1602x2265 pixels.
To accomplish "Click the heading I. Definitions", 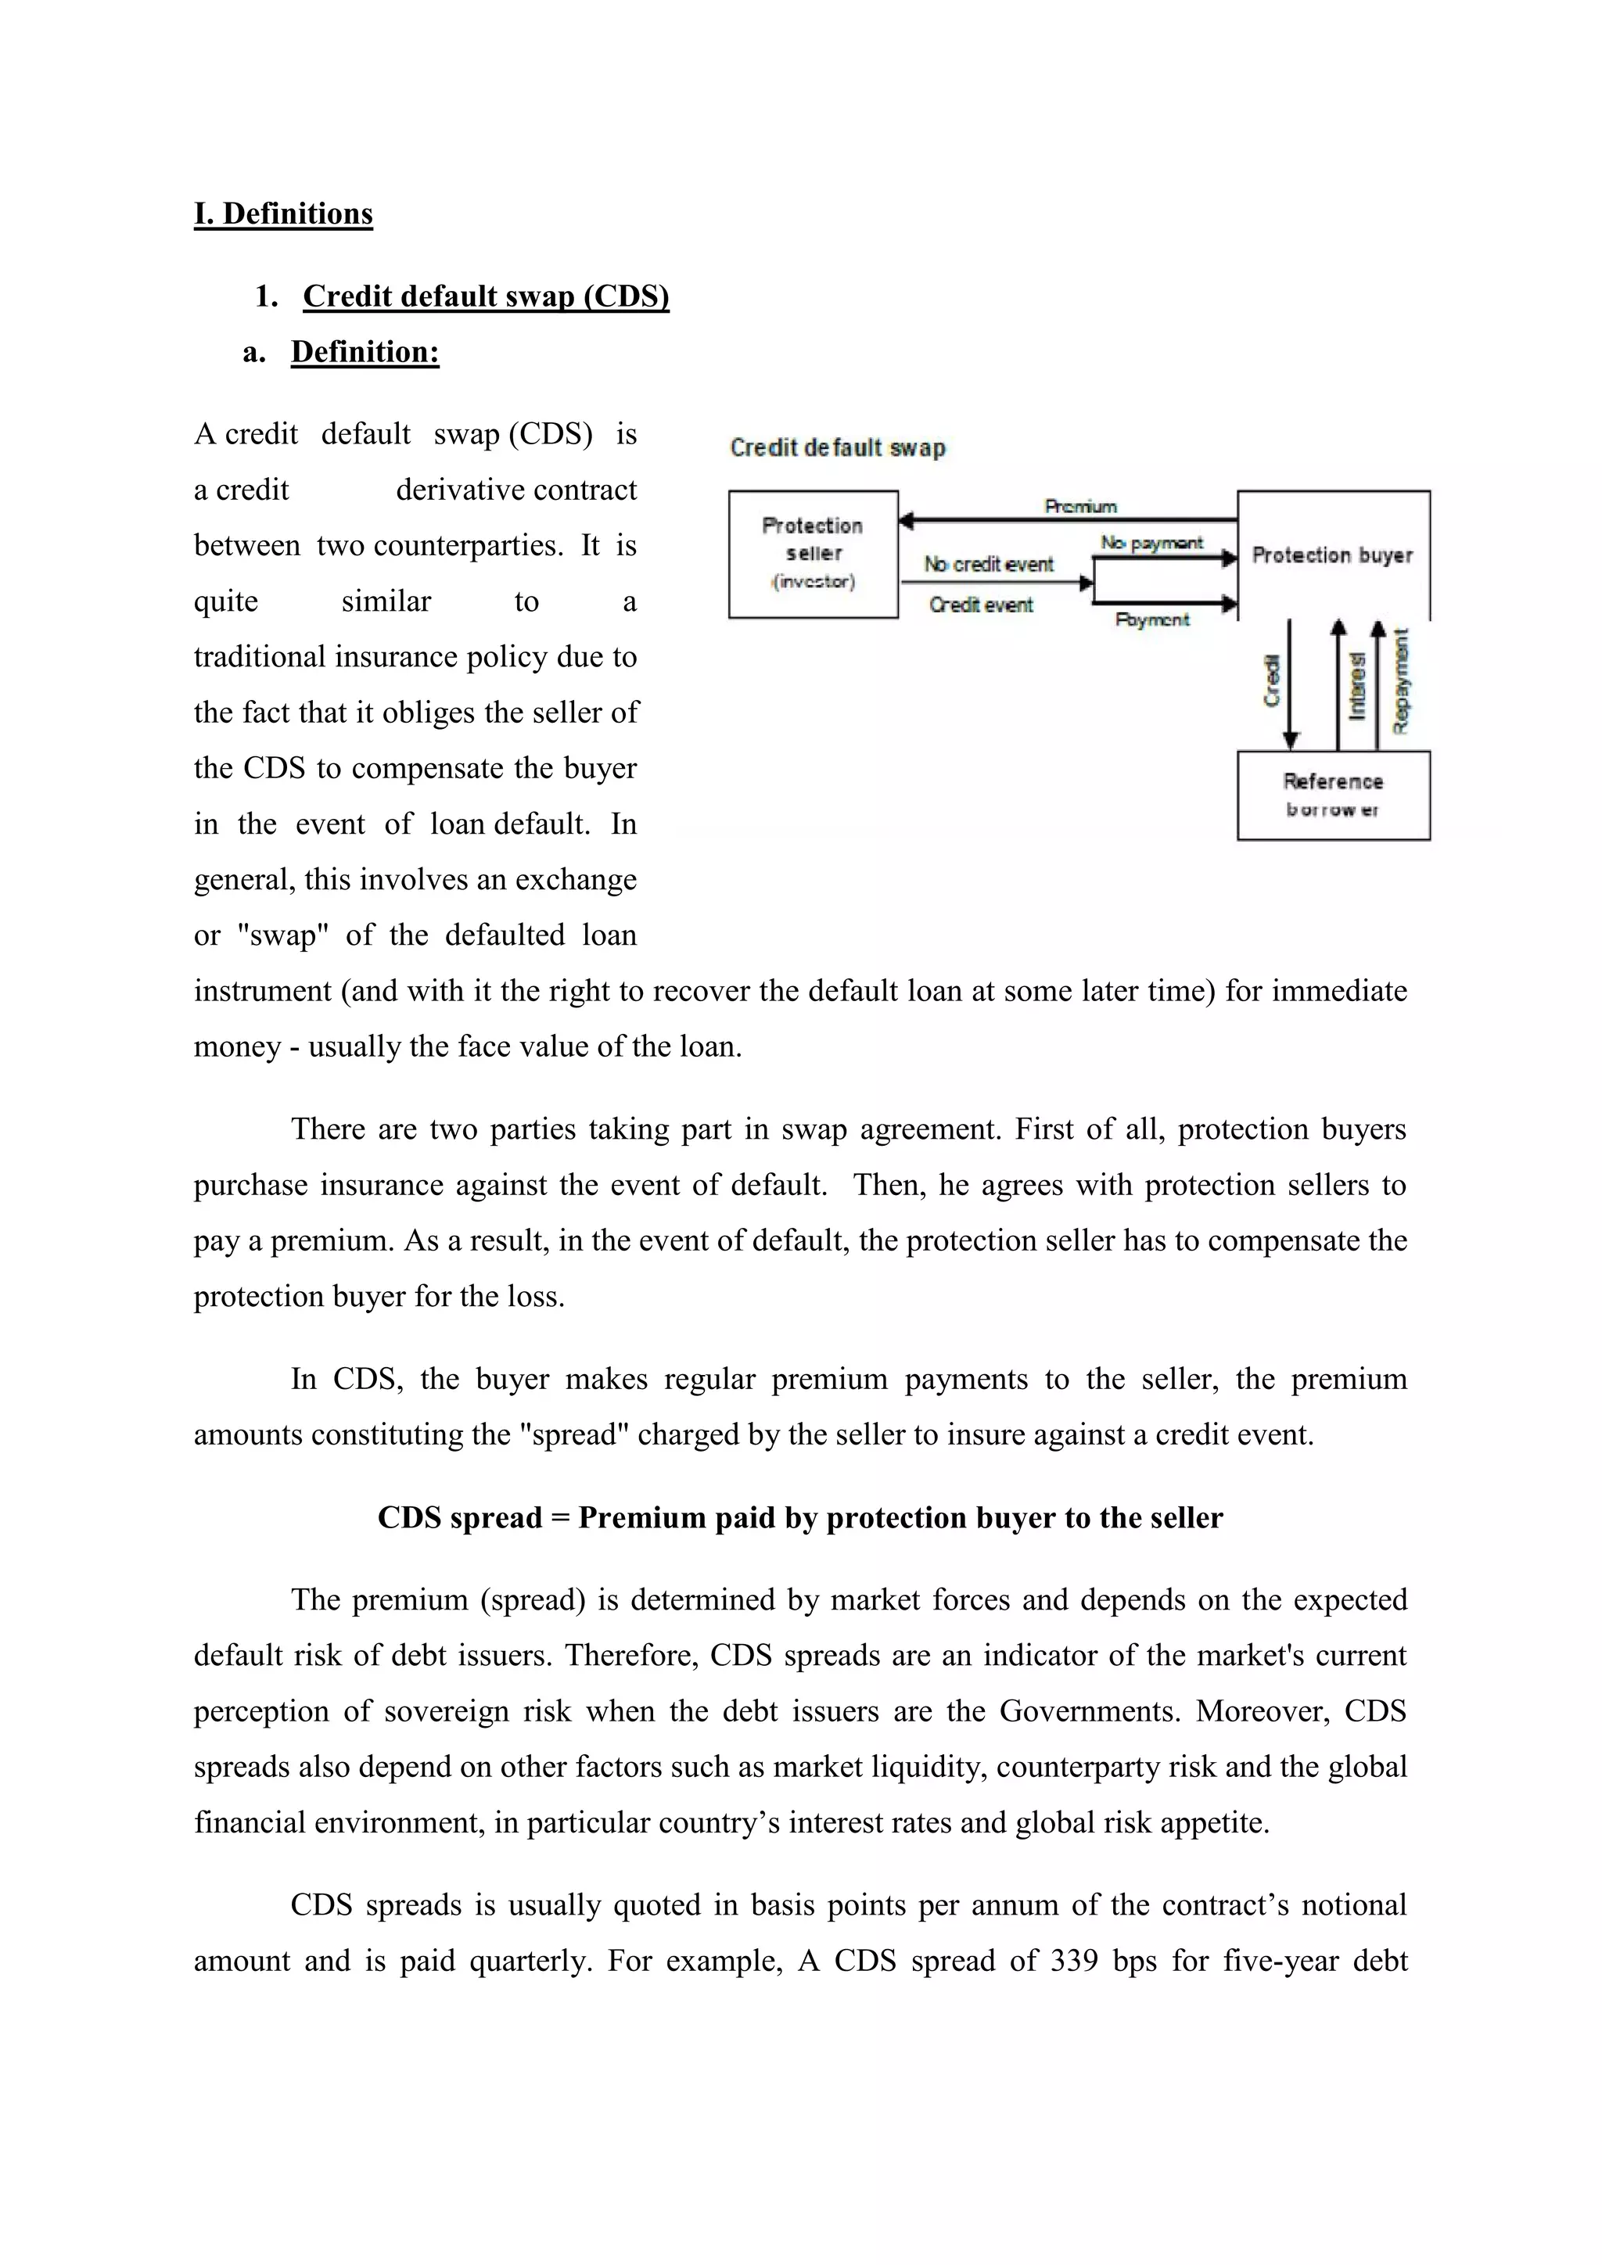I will click(x=283, y=214).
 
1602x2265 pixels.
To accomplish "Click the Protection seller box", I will click(x=813, y=554).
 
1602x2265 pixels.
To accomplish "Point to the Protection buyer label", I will click(x=1331, y=555).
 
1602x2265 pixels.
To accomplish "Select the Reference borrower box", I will click(x=1333, y=795).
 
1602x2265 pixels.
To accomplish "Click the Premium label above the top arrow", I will click(x=1081, y=506).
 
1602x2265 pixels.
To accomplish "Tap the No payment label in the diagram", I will click(x=1151, y=543).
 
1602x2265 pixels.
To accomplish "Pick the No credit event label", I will click(x=989, y=564).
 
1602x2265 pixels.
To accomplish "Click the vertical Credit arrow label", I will click(x=1273, y=680).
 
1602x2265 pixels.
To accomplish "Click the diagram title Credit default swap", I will click(x=836, y=448).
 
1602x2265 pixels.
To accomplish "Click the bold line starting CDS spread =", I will click(x=800, y=1517).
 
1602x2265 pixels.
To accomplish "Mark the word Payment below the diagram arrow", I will click(x=1152, y=619).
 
